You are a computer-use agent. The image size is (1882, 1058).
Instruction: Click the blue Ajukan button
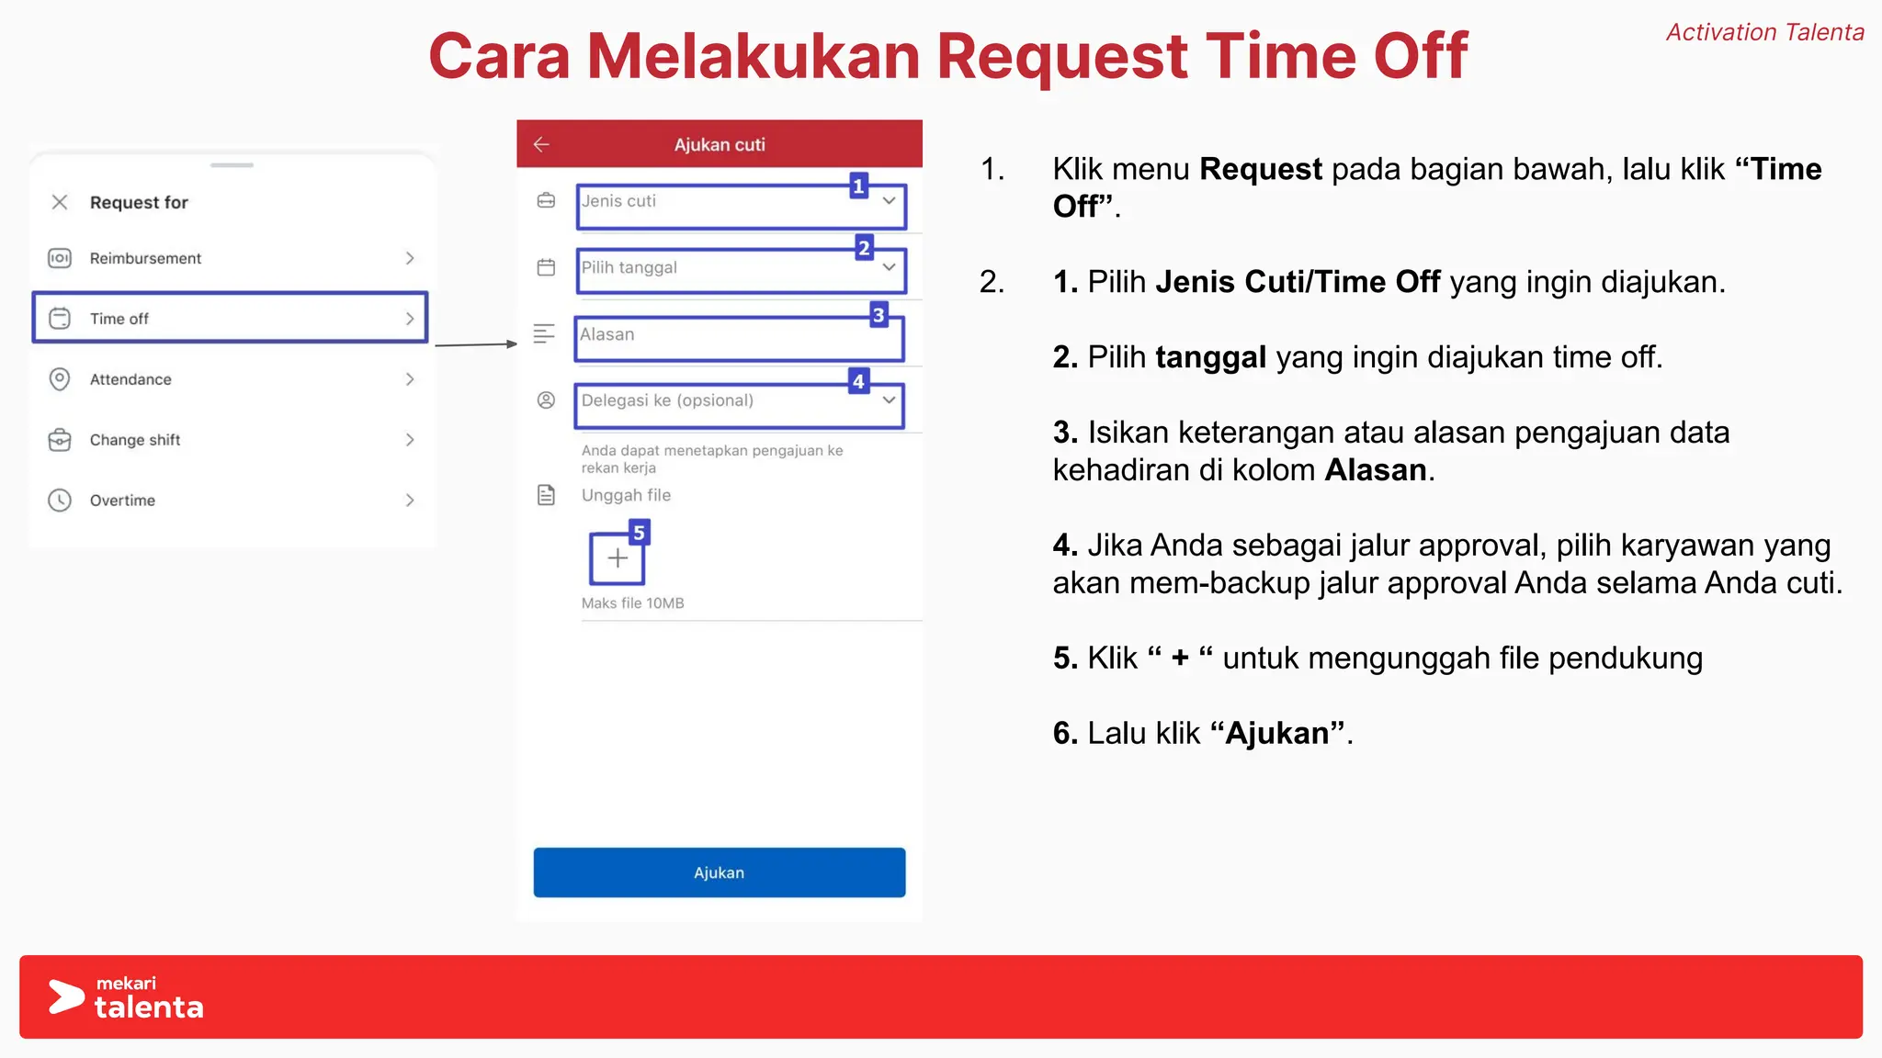(719, 872)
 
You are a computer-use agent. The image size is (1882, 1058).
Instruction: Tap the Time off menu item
(230, 318)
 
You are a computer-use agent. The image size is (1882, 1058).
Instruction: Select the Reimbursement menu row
(230, 258)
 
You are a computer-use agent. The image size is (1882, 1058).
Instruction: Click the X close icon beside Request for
(60, 202)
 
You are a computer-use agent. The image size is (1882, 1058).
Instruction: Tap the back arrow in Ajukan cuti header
(541, 144)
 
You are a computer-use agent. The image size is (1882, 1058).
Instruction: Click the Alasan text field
(739, 338)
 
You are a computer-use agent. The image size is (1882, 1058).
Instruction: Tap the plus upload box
(617, 558)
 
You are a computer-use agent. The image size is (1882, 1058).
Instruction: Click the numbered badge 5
(639, 533)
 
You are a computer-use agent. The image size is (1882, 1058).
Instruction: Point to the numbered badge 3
(879, 315)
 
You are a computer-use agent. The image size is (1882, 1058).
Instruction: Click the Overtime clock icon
(60, 500)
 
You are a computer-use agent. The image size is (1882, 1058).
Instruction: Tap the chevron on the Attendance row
(410, 379)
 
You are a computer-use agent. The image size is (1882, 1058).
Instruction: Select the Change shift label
(135, 440)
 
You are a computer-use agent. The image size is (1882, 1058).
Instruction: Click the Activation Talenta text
(1764, 32)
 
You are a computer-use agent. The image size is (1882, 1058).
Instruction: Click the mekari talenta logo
(126, 998)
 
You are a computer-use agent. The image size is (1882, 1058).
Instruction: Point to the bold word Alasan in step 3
(1376, 470)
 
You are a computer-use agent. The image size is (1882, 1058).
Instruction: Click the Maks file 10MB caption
(632, 603)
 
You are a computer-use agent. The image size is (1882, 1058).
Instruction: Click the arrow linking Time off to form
(475, 344)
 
